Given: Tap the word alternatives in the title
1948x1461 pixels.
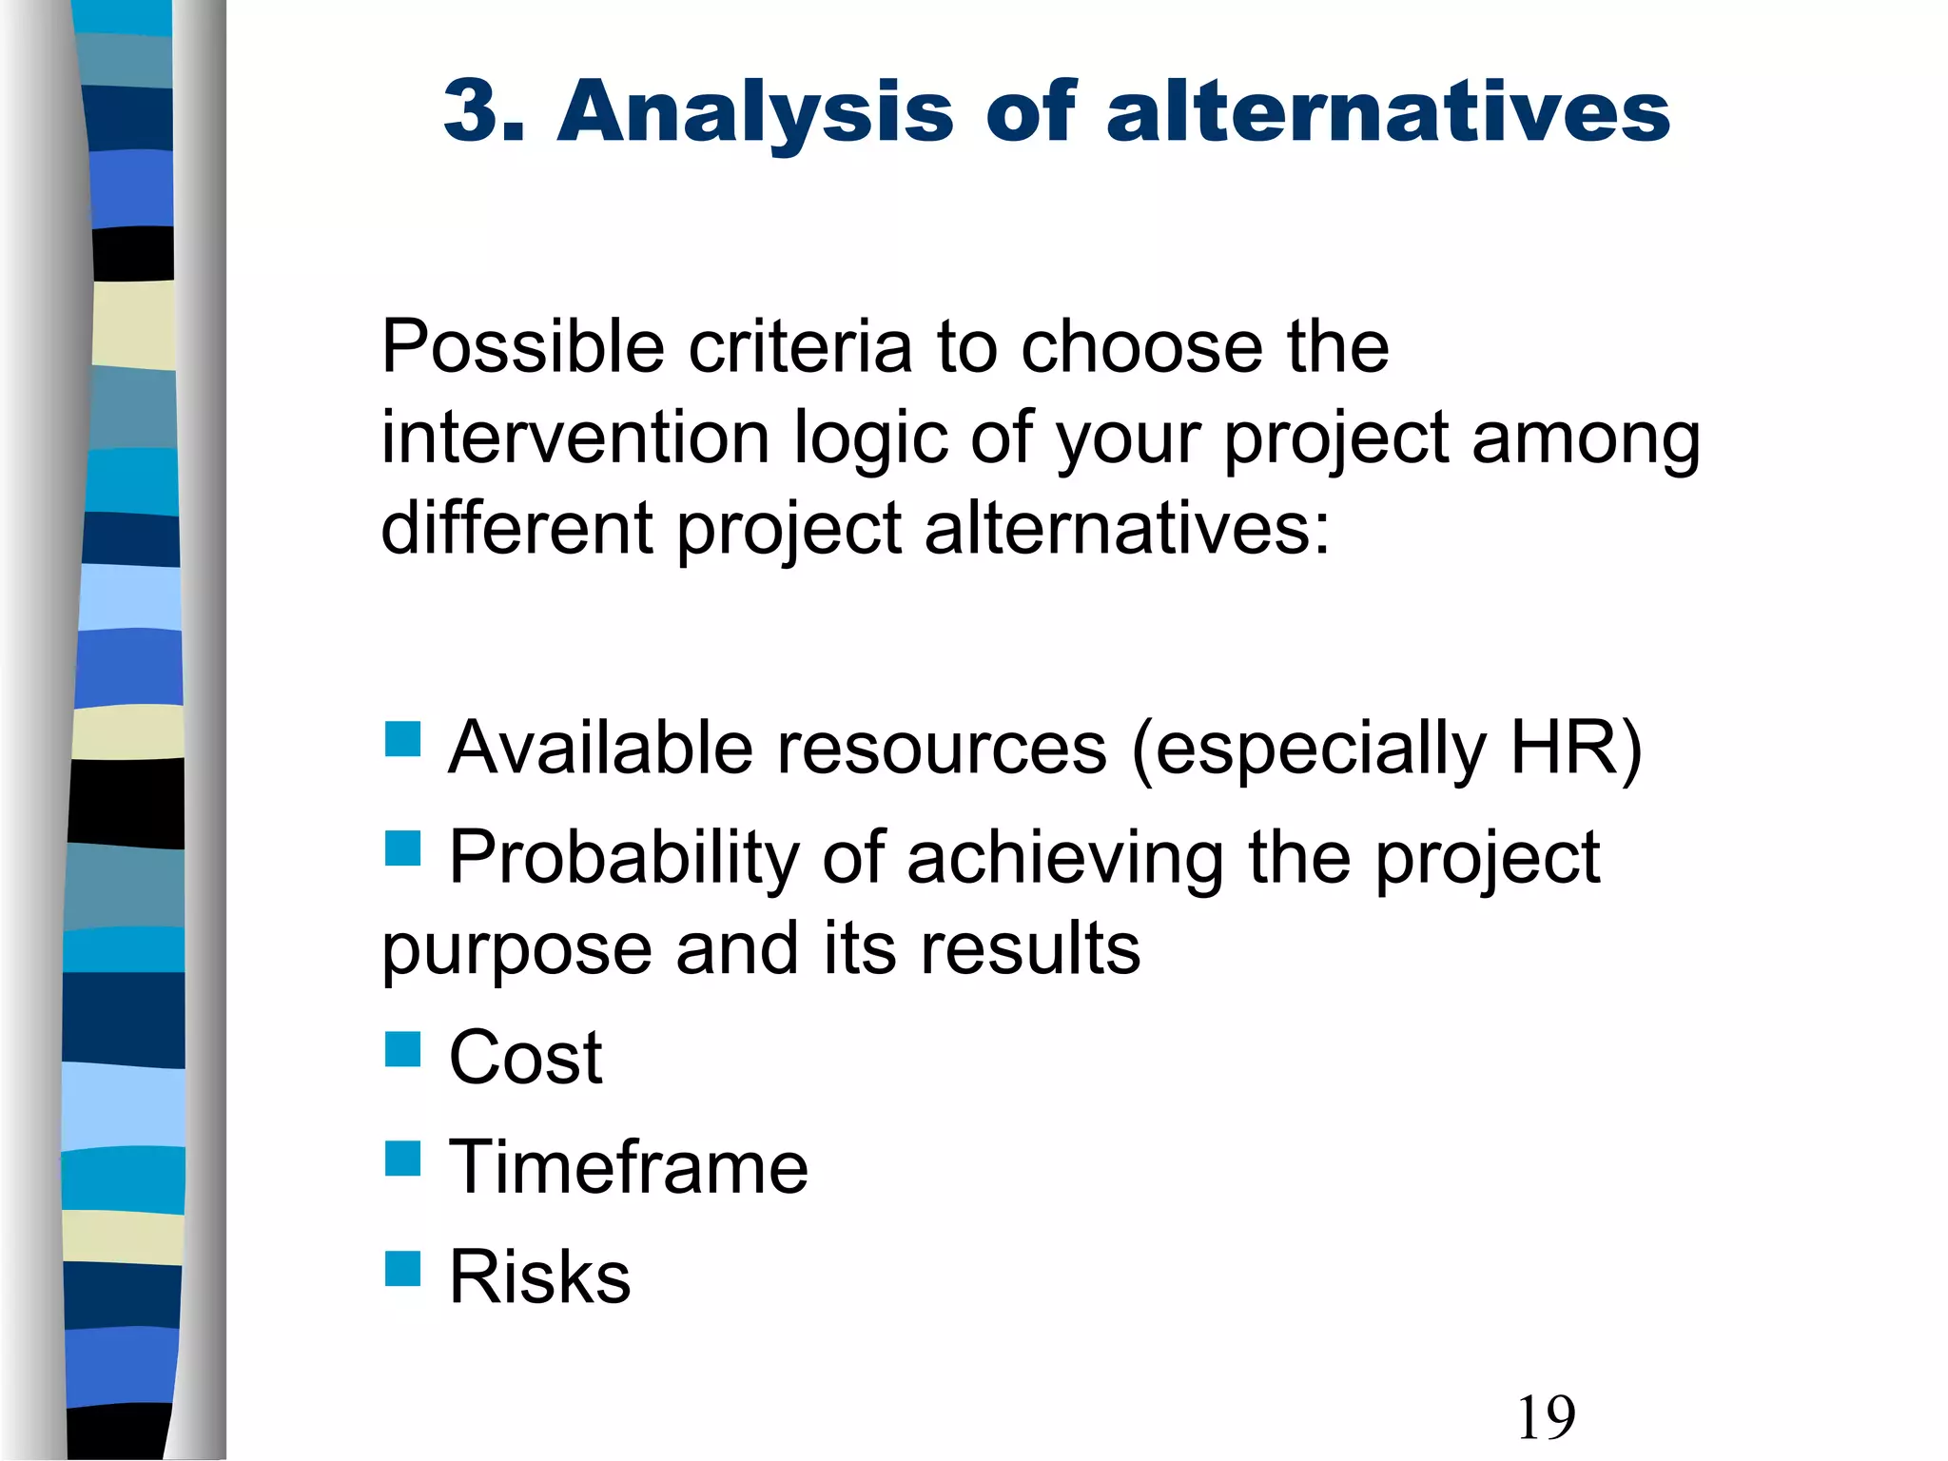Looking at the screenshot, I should click(x=1388, y=111).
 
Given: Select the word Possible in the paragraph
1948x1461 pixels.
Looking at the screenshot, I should click(x=522, y=346).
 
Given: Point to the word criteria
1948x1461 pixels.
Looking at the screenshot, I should click(x=800, y=346).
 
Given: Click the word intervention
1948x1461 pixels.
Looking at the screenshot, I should click(x=575, y=438).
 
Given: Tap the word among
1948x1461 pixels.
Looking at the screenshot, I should click(x=1586, y=440).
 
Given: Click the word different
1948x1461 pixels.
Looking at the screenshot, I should click(x=516, y=528).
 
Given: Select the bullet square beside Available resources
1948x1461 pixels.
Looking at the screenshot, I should click(x=402, y=739).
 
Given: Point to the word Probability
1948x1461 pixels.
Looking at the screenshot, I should click(x=624, y=858).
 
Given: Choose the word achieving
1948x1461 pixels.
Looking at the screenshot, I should click(x=1065, y=858).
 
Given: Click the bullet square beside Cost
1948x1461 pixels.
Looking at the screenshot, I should click(x=402, y=1049).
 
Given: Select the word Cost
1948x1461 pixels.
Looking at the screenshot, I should click(x=525, y=1057).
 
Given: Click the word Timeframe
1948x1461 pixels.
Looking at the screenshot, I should click(x=628, y=1167).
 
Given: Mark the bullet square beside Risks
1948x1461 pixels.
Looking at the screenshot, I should click(x=402, y=1268).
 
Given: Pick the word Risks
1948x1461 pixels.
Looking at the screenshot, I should click(x=539, y=1276).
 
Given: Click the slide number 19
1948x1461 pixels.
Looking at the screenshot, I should click(x=1546, y=1417).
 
